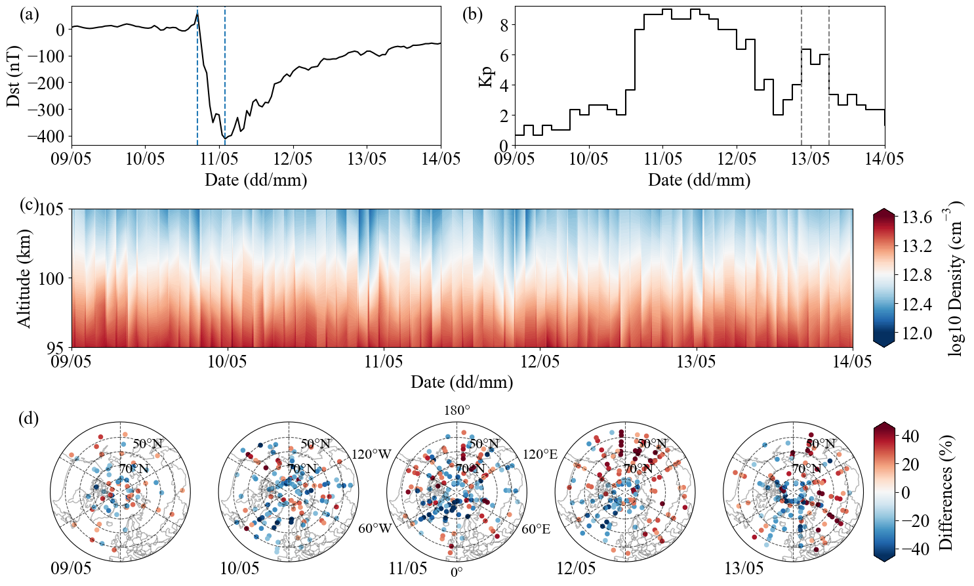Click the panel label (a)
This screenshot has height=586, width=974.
pos(30,14)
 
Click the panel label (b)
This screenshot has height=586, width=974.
pos(472,14)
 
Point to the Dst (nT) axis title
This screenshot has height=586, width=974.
pos(14,75)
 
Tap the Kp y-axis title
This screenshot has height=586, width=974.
pos(486,75)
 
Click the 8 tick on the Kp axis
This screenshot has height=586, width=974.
pos(504,25)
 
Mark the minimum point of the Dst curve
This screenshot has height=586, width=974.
pos(224,138)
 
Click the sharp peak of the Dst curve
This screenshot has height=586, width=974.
pos(197,12)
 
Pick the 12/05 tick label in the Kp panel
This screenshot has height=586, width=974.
pos(737,159)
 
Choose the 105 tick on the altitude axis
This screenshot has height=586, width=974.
pos(54,210)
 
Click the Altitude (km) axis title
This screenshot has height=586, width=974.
pos(24,278)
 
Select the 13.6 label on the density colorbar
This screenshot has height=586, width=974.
pos(917,218)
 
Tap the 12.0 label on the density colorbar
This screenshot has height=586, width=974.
pos(917,333)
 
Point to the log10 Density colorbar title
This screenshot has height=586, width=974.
pos(956,278)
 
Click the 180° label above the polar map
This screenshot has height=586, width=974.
pos(457,411)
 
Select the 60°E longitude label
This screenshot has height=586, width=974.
pos(536,529)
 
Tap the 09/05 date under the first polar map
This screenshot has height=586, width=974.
pos(71,568)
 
